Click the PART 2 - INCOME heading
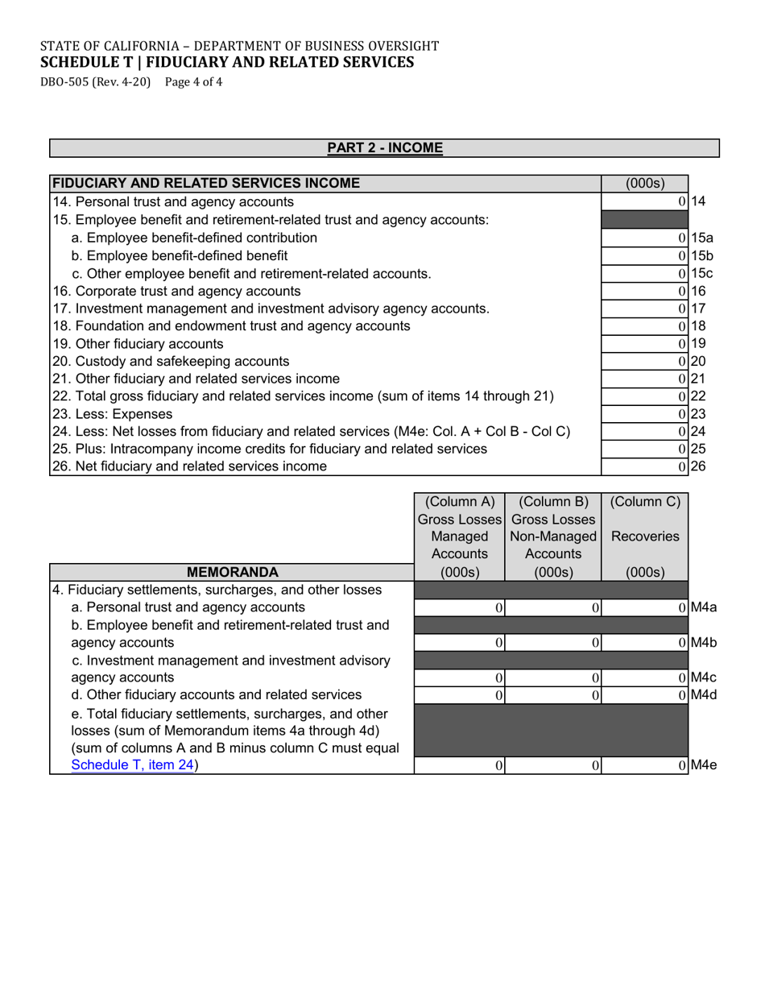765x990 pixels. (384, 148)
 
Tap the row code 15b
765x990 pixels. (702, 255)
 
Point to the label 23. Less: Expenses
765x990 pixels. (113, 414)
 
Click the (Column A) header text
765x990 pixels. (459, 502)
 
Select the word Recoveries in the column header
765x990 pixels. (644, 536)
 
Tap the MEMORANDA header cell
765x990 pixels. (232, 573)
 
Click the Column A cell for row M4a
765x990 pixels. (459, 608)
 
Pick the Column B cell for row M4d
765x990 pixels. (553, 695)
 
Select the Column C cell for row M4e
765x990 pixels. (644, 766)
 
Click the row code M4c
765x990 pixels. (703, 677)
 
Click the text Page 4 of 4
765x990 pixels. (193, 81)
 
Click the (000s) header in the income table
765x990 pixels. (644, 184)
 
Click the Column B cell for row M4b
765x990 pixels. (553, 643)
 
